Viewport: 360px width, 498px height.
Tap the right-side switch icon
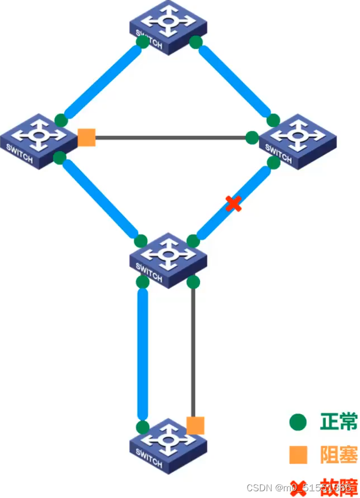[298, 140]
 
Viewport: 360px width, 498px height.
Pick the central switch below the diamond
[168, 259]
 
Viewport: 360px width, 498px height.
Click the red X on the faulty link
[234, 204]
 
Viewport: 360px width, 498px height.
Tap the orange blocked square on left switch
[86, 137]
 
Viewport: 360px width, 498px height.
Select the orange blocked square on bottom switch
[195, 425]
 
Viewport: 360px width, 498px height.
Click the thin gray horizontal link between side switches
[168, 137]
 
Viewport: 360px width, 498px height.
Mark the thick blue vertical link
[143, 354]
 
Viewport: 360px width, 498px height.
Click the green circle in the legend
[298, 422]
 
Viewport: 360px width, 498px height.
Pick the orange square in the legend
[298, 454]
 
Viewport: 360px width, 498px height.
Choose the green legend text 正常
[339, 422]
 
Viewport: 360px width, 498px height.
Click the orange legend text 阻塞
[339, 454]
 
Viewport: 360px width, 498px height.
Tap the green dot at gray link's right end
[252, 137]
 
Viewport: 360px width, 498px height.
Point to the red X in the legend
[298, 486]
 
